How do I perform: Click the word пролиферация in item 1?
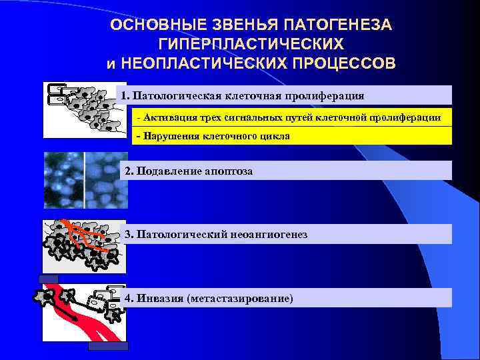(x=325, y=95)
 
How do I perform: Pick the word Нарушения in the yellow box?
(x=167, y=136)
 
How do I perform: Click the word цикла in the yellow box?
(x=275, y=136)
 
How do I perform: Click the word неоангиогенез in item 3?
(x=269, y=235)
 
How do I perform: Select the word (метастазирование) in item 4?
(x=241, y=298)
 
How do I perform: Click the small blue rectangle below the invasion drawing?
(x=108, y=346)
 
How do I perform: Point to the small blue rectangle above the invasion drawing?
(x=49, y=279)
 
